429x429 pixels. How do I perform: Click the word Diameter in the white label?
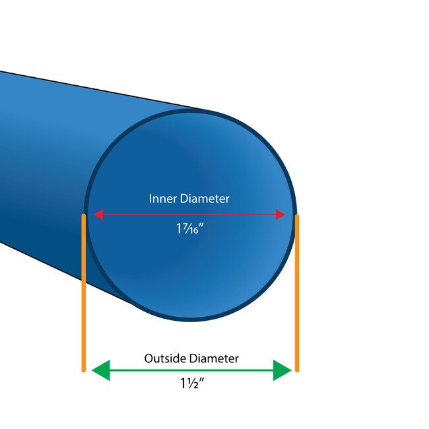click(205, 199)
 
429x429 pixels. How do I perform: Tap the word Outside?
click(165, 358)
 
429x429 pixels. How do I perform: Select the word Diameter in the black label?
click(214, 358)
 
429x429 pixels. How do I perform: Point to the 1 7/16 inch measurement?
click(190, 228)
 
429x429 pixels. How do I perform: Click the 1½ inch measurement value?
click(192, 383)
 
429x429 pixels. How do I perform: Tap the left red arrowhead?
click(98, 214)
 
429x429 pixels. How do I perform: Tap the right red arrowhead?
click(280, 214)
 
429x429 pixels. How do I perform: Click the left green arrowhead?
click(101, 370)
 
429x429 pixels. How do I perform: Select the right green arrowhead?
click(282, 370)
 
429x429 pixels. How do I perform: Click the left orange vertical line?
click(84, 293)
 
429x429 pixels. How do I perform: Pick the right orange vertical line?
click(297, 293)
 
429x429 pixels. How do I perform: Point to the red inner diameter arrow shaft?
click(189, 214)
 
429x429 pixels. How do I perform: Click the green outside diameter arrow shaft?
click(191, 370)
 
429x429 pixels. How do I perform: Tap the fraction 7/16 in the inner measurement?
click(190, 228)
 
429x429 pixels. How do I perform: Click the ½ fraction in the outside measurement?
click(193, 383)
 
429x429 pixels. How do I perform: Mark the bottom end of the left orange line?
click(84, 372)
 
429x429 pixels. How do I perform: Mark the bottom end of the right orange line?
click(297, 372)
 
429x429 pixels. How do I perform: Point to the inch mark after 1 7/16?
click(202, 225)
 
